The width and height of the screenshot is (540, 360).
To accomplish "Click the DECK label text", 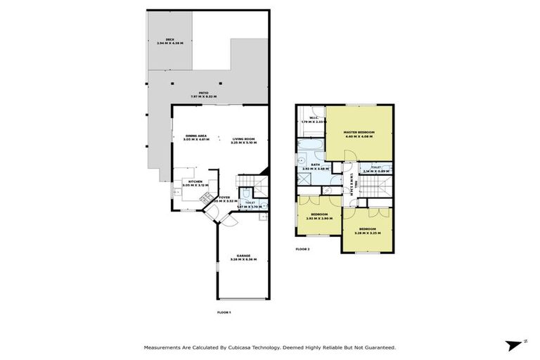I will coord(169,39).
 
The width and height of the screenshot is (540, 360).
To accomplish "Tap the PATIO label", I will coord(204,92).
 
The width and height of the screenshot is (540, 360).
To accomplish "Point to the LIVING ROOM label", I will coord(244,139).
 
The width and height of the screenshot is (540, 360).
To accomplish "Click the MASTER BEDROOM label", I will coord(359,132).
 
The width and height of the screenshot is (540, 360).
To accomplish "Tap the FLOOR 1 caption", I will coord(224,311).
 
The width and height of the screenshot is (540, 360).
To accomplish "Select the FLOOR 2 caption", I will coord(302,249).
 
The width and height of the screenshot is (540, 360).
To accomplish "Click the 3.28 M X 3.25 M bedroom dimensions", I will coord(368,233).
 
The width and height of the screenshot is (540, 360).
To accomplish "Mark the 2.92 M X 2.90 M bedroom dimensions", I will coord(319,219).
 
